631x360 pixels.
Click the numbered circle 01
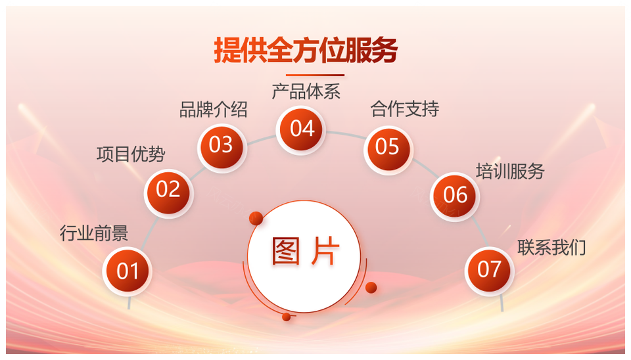(127, 271)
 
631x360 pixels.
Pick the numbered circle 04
(300, 129)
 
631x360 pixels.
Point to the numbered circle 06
(455, 196)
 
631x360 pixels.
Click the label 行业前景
(94, 233)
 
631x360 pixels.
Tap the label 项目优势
(131, 154)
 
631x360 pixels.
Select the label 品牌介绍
(213, 110)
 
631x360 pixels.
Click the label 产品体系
(306, 92)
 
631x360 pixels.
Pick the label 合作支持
(405, 109)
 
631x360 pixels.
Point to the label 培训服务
(510, 171)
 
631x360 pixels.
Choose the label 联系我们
(551, 248)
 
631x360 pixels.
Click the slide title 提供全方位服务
(306, 51)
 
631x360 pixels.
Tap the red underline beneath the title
(315, 75)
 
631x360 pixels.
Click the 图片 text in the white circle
(306, 252)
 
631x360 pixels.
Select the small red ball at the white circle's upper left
(256, 218)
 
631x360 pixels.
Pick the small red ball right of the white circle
(371, 287)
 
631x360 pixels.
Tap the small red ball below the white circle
(287, 317)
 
